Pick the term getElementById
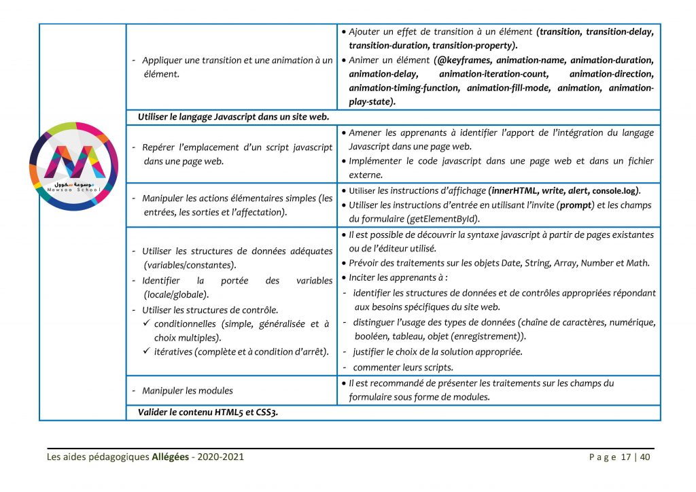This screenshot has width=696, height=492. click(x=446, y=219)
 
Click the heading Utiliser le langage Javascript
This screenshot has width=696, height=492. click(x=233, y=116)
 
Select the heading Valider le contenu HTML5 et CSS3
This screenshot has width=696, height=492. click(x=207, y=412)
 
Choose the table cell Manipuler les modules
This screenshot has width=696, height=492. click(x=188, y=391)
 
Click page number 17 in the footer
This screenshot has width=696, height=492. click(x=626, y=457)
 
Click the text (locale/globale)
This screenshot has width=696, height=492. click(x=176, y=295)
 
